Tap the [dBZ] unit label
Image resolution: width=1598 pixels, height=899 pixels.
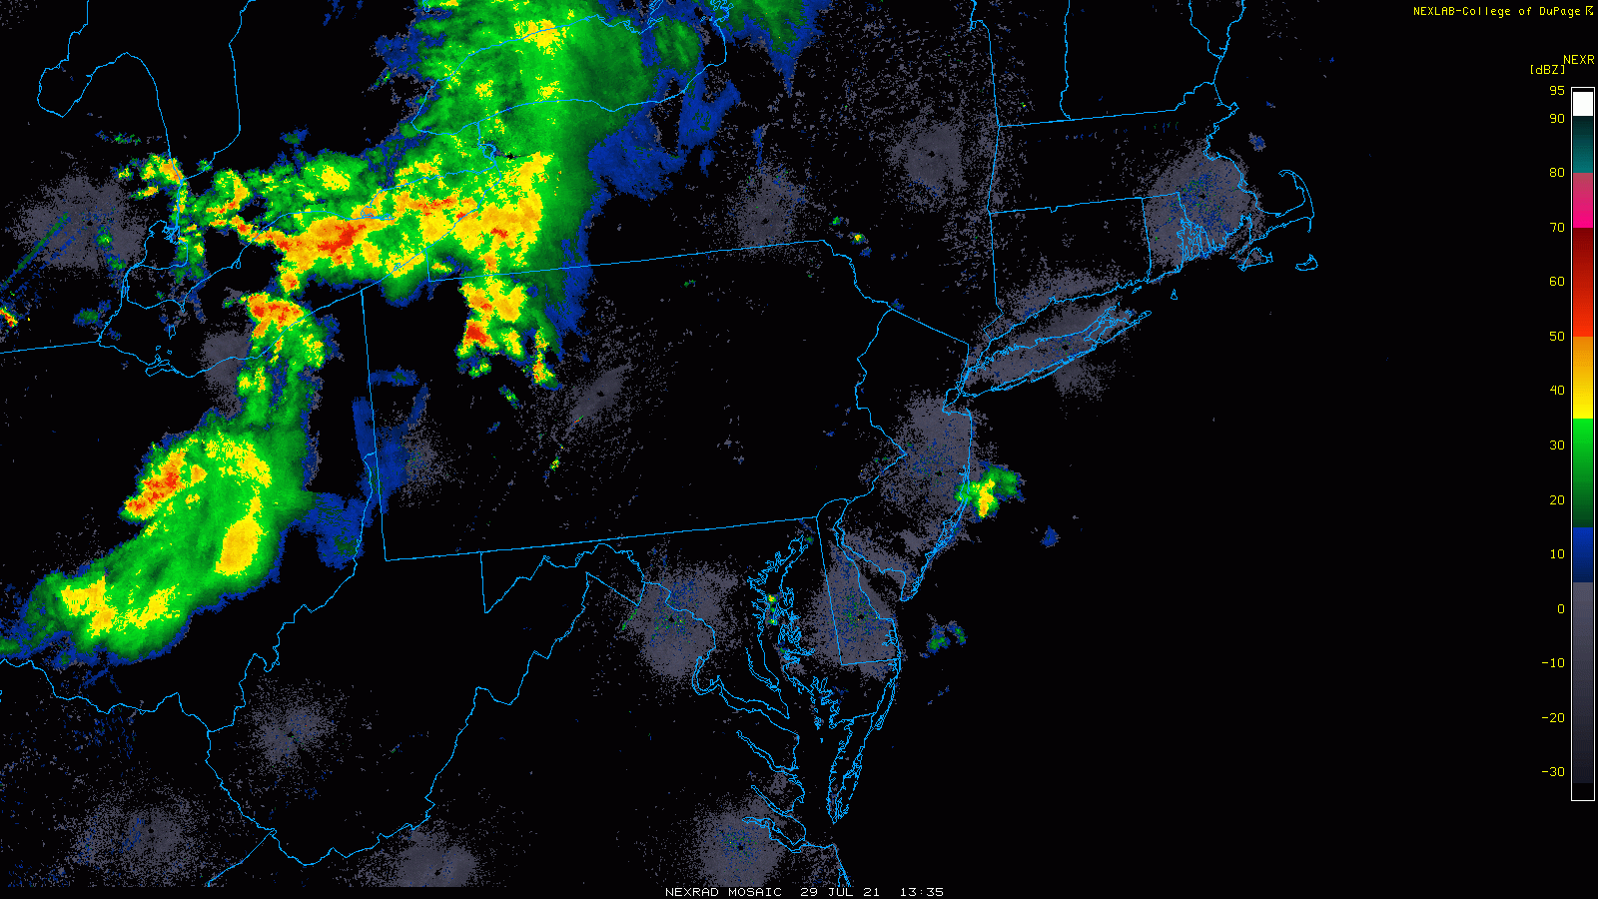coord(1547,70)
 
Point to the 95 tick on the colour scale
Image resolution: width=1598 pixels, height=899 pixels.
coord(1557,91)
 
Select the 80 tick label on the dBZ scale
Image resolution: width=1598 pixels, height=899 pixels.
coord(1557,173)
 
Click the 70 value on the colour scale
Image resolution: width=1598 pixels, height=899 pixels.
coord(1557,228)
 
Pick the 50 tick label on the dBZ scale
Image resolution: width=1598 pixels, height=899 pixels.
coord(1557,337)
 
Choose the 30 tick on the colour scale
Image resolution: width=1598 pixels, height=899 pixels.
coord(1557,446)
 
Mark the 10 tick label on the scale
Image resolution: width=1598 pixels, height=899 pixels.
coord(1557,554)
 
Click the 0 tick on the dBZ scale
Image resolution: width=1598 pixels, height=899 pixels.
coord(1560,608)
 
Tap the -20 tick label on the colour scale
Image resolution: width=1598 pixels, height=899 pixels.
coord(1553,718)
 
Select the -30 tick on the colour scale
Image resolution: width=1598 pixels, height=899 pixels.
coord(1553,772)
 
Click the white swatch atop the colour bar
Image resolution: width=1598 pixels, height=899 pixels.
coord(1583,104)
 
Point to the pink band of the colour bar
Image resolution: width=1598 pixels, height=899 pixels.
coord(1583,200)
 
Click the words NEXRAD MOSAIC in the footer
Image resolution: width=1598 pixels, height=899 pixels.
coord(723,892)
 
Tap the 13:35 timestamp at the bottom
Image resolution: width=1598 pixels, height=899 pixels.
coord(921,892)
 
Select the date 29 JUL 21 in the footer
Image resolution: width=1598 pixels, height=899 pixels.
coord(840,892)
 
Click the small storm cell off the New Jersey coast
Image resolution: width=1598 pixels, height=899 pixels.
coord(986,492)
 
